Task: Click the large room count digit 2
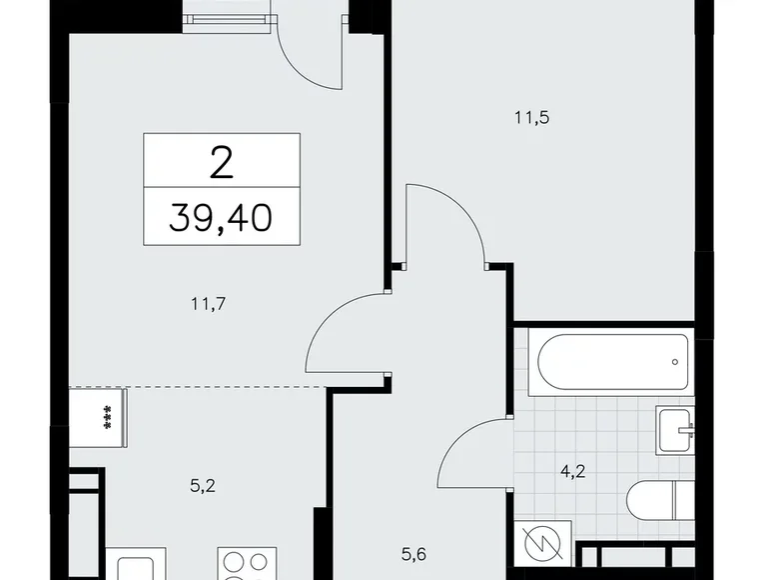click(x=222, y=160)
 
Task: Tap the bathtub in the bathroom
click(x=610, y=362)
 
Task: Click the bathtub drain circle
click(x=675, y=362)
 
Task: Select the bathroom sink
click(x=675, y=430)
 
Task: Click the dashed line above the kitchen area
click(x=200, y=386)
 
